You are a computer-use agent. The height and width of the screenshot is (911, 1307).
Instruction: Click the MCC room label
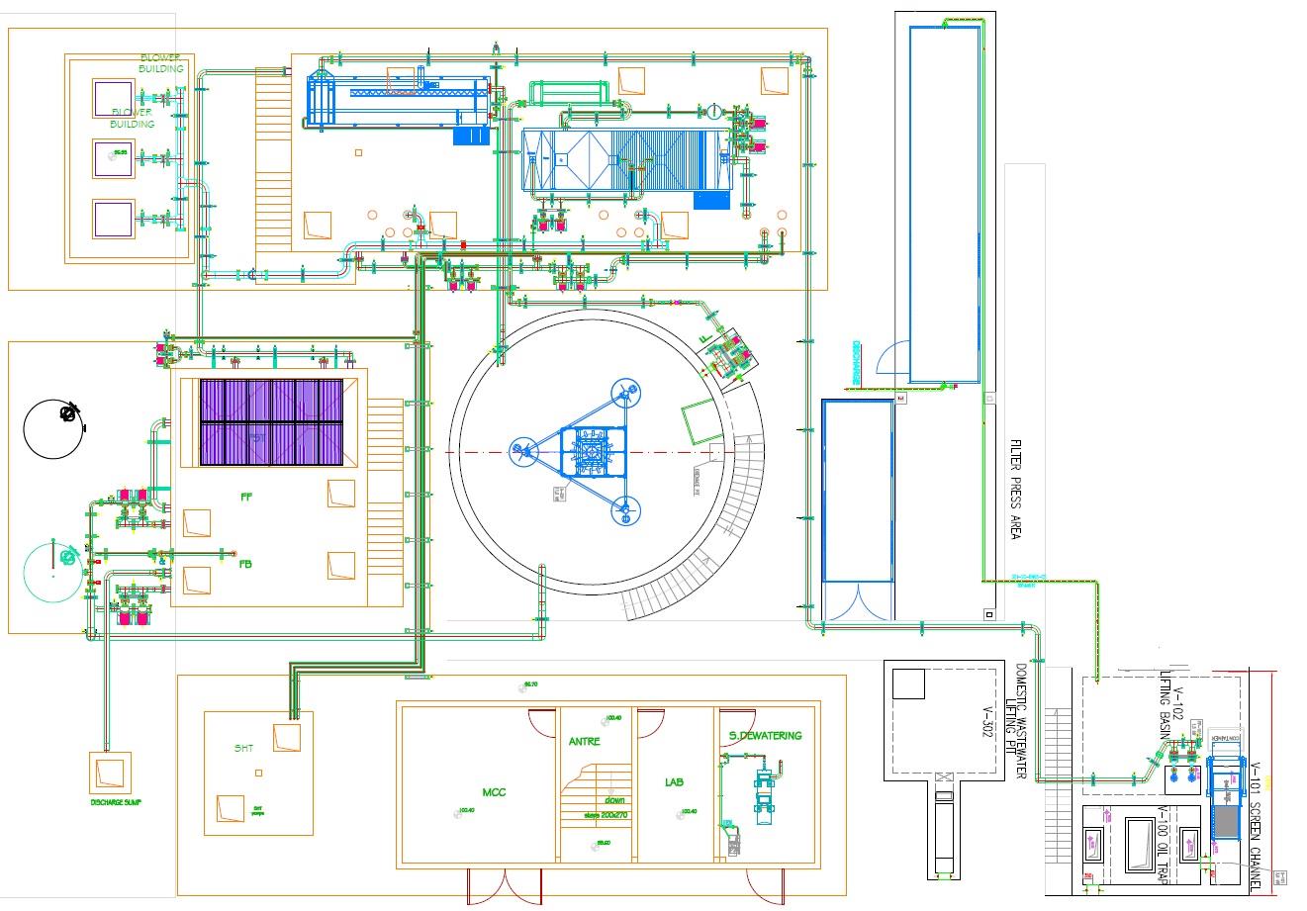(x=494, y=792)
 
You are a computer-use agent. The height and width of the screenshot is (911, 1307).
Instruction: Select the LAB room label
(x=675, y=782)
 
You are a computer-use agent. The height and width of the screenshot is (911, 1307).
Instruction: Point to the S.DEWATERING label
(x=766, y=736)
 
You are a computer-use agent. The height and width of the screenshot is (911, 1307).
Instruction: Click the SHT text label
(x=244, y=748)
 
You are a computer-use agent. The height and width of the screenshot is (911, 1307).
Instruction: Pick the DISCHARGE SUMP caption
(x=116, y=802)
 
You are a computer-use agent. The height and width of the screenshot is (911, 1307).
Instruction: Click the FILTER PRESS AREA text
(x=1014, y=490)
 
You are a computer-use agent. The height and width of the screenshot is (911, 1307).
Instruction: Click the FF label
(x=246, y=498)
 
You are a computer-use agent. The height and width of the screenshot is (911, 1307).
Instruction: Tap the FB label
(x=245, y=565)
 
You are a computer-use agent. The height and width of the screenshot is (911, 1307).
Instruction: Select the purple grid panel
(x=272, y=422)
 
